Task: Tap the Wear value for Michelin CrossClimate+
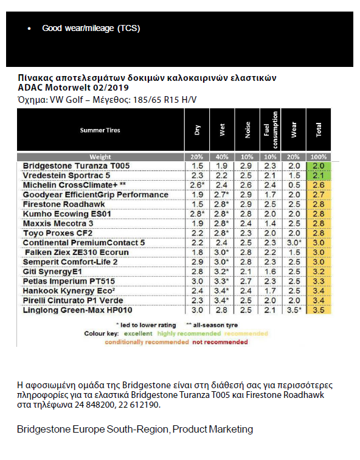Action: click(x=294, y=185)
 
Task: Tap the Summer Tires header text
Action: click(x=100, y=130)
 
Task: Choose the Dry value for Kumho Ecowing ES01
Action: click(x=198, y=214)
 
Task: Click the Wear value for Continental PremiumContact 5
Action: click(x=296, y=243)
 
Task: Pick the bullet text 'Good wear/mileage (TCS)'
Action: click(x=91, y=28)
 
